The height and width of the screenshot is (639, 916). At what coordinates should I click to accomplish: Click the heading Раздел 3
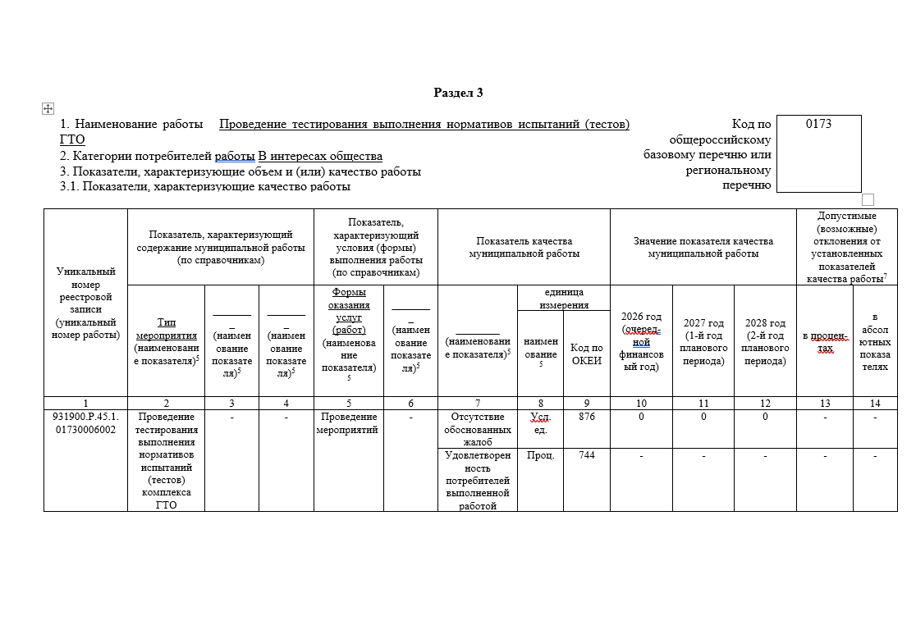(x=458, y=93)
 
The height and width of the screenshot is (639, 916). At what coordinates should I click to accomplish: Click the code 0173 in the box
(x=818, y=124)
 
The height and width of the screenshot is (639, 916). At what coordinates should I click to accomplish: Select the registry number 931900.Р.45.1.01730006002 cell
(x=85, y=423)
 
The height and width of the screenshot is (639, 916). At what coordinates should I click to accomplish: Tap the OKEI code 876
(x=586, y=417)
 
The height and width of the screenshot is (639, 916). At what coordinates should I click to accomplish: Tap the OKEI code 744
(x=586, y=455)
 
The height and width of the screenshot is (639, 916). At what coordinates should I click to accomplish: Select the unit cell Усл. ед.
(x=540, y=423)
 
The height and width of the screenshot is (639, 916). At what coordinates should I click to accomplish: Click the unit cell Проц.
(x=540, y=455)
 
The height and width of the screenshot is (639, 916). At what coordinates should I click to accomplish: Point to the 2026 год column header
(x=641, y=341)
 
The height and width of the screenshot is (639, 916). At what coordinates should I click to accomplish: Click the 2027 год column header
(x=703, y=341)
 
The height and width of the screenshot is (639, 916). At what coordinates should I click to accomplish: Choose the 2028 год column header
(x=765, y=341)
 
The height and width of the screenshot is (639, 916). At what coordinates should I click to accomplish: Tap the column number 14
(x=875, y=403)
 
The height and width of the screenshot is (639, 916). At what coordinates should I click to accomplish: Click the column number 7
(x=478, y=403)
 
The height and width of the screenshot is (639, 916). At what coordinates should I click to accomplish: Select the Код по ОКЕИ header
(x=586, y=354)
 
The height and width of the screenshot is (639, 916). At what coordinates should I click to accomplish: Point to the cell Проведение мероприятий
(x=347, y=423)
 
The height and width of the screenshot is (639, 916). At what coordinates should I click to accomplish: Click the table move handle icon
(x=48, y=108)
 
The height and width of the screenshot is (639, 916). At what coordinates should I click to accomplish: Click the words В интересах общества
(x=320, y=156)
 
